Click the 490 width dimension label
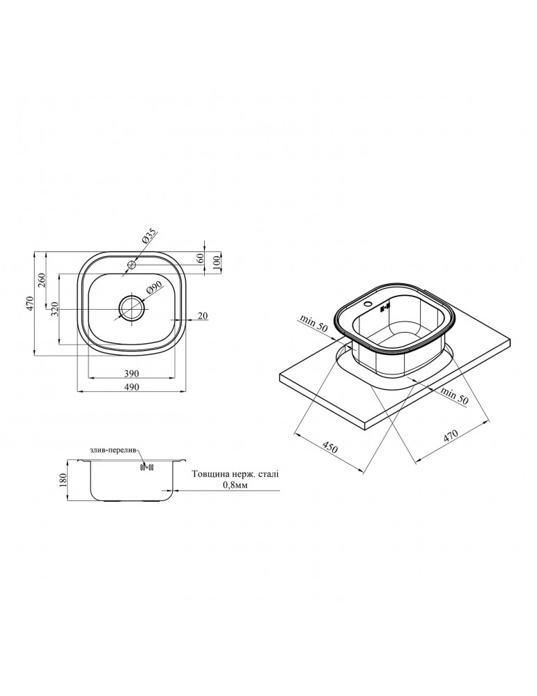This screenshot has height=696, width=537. point(132,386)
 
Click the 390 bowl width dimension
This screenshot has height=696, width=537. point(132,372)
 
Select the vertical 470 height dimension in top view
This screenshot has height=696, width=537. point(29,303)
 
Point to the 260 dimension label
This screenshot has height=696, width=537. point(41,280)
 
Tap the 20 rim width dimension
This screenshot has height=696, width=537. point(203,315)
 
